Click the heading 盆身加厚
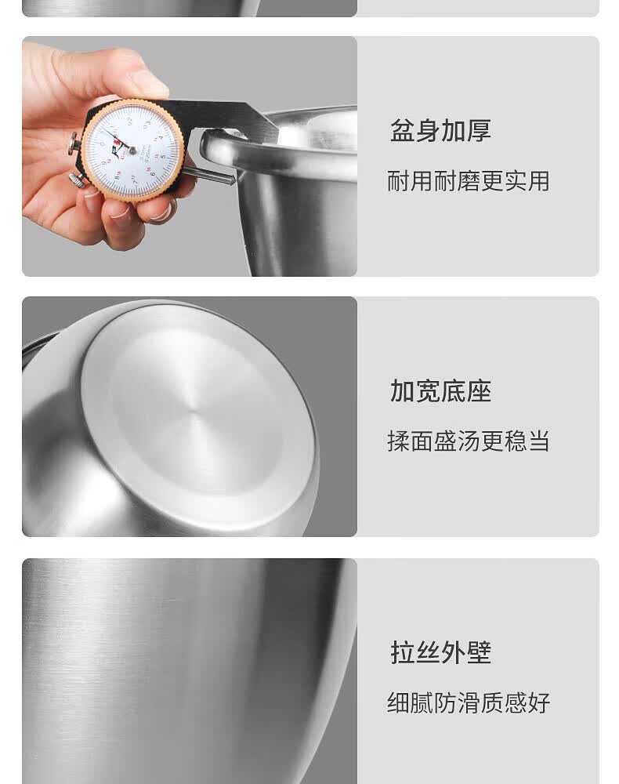point(440,130)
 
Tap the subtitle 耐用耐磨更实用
point(468,181)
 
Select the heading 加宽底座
point(440,390)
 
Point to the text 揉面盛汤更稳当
point(468,441)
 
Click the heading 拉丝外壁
point(440,652)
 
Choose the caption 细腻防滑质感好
point(468,702)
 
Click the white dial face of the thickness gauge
point(132,148)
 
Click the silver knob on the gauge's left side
point(73,143)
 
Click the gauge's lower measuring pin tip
point(230,180)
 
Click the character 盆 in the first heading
point(402,130)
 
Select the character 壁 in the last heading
point(478,652)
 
